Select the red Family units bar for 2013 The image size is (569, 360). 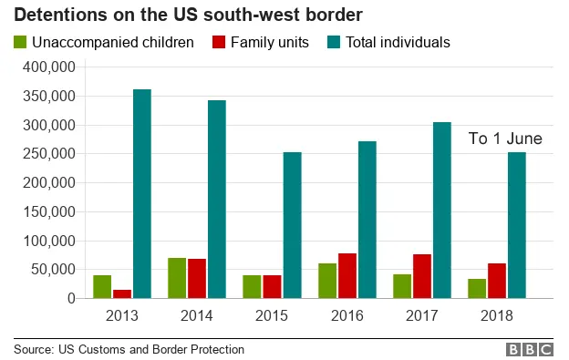click(x=121, y=293)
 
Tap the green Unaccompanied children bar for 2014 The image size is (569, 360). click(x=177, y=278)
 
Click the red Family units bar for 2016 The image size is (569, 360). click(x=347, y=275)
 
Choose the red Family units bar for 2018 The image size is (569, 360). click(x=497, y=281)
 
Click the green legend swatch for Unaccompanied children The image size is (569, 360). click(x=20, y=42)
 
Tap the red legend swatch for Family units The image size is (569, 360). click(x=218, y=42)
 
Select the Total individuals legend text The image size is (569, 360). click(x=397, y=42)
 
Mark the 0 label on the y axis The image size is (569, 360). click(x=71, y=298)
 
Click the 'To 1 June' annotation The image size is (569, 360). click(x=505, y=139)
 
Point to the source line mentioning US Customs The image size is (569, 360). click(x=129, y=349)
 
